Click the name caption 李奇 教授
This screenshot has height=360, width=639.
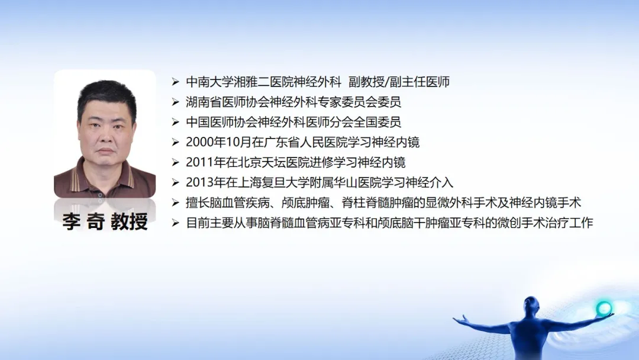coord(105,222)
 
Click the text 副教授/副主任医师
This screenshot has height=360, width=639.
coord(399,82)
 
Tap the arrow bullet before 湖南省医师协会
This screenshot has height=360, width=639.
coord(176,102)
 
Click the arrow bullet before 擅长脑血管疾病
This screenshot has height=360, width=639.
coord(176,202)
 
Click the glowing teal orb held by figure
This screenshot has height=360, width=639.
coord(603,308)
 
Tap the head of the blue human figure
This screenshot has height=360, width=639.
coord(531,305)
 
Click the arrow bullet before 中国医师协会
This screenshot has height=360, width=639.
coord(176,123)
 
